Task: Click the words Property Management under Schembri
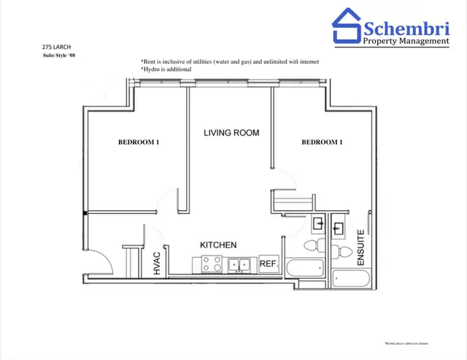tap(406, 42)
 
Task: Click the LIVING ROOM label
tap(231, 133)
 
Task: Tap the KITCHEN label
tap(218, 245)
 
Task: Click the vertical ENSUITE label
tap(360, 248)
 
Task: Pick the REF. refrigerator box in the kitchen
tap(267, 264)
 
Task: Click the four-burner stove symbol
tap(212, 264)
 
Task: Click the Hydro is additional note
tap(166, 69)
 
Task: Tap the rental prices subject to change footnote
tap(405, 342)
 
